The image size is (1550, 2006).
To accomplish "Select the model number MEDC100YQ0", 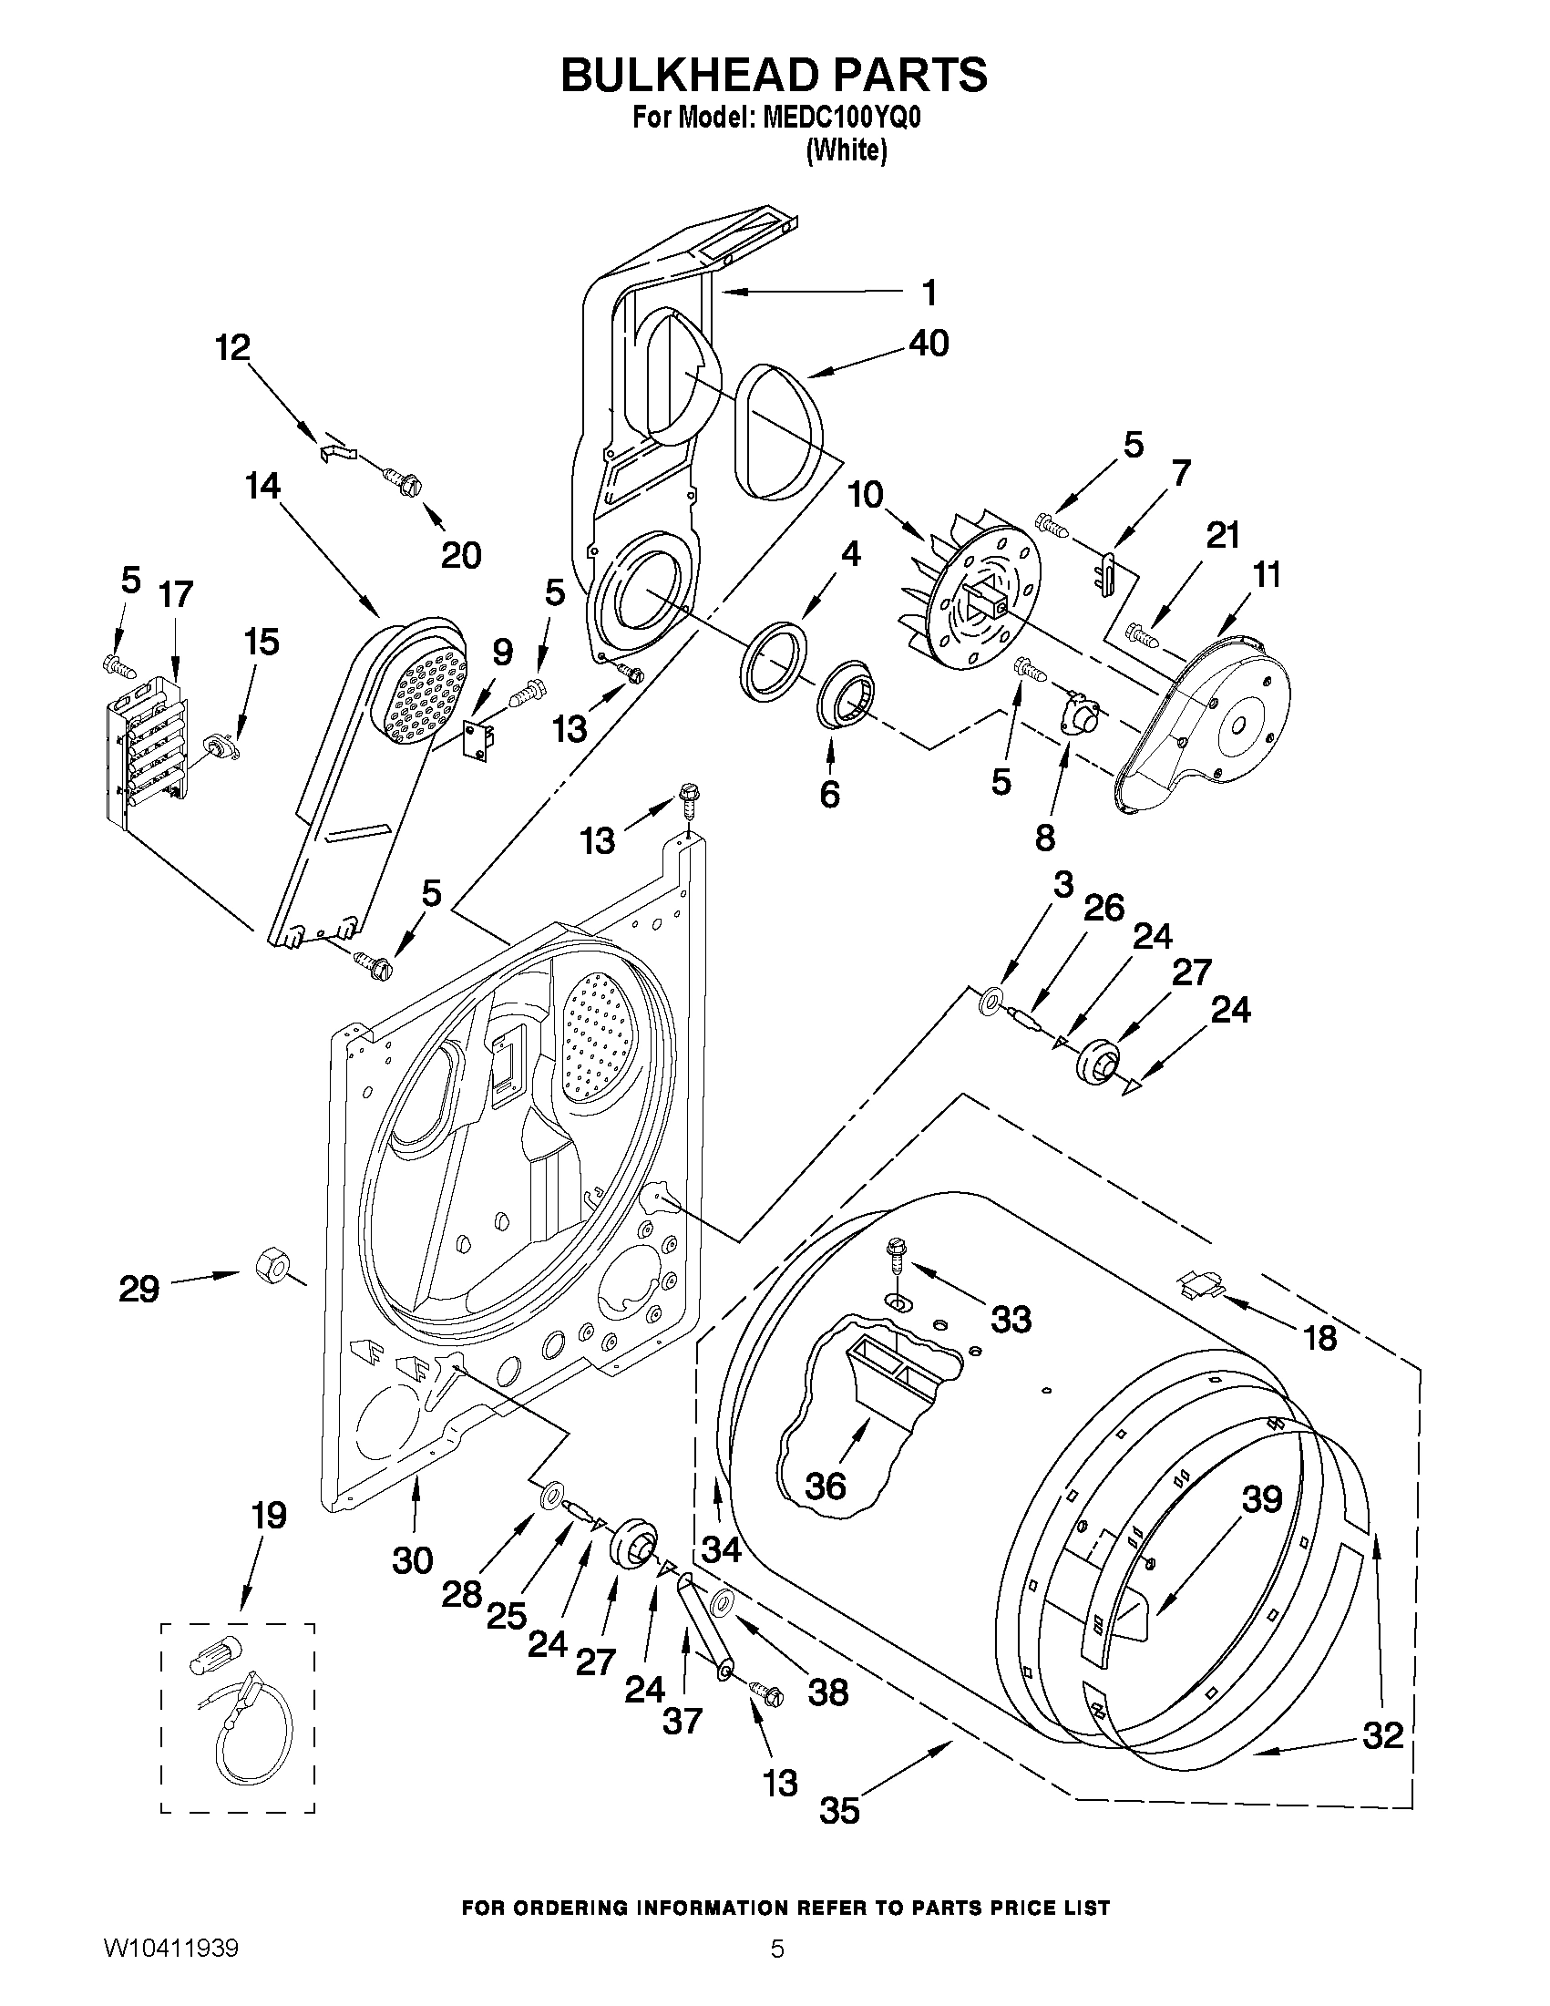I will [x=841, y=119].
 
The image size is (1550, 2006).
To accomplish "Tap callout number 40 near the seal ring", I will [x=929, y=344].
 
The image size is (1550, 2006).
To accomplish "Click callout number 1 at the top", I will [x=929, y=293].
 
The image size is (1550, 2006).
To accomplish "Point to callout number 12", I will [x=233, y=348].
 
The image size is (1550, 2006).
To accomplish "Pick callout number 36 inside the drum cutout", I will [x=825, y=1486].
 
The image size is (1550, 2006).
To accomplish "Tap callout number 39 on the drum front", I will [x=1262, y=1500].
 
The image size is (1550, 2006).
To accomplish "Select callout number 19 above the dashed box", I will [x=269, y=1516].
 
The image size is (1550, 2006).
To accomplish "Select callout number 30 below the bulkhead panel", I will [x=412, y=1560].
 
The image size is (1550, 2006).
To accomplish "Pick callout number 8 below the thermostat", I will [x=1044, y=837].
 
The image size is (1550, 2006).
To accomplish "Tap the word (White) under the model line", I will [x=846, y=151].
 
